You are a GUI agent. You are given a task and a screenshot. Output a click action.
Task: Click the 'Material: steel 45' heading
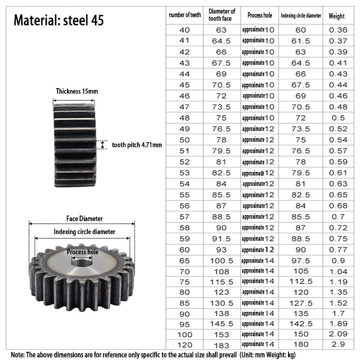pos(59,20)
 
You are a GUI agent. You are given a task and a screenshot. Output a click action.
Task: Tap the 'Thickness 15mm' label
pos(77,91)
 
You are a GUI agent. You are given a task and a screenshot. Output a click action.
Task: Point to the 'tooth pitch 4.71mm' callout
pos(137,145)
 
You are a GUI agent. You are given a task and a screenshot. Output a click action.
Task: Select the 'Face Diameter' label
pos(85,219)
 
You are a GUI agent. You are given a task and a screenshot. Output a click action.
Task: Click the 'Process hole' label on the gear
pos(82,252)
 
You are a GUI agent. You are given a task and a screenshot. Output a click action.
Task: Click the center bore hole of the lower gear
pos(82,262)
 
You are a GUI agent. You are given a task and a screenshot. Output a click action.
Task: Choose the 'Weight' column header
pos(337,16)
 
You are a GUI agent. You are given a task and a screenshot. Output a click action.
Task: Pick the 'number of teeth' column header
pos(185,15)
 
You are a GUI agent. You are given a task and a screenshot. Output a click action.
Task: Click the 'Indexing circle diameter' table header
pos(301,16)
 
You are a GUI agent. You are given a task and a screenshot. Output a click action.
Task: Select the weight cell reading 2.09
pos(338,334)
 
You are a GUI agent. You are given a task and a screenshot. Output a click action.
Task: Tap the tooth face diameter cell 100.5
pos(221,261)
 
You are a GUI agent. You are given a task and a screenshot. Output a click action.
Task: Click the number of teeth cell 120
pos(185,345)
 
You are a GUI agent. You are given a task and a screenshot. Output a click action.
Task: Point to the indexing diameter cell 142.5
pos(301,324)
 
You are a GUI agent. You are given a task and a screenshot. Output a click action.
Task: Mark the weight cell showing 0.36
pos(338,30)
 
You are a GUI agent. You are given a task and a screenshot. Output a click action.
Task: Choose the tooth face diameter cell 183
pos(221,345)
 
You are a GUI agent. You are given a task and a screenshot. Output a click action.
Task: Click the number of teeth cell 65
pos(184,261)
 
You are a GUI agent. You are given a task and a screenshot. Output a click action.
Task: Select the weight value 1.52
pos(338,303)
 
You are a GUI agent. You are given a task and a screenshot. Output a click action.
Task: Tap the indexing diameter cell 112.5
pos(301,282)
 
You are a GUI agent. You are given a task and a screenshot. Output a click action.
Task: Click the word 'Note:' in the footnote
pos(18,355)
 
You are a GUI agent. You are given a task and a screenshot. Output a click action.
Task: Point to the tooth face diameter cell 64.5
pos(221,41)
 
